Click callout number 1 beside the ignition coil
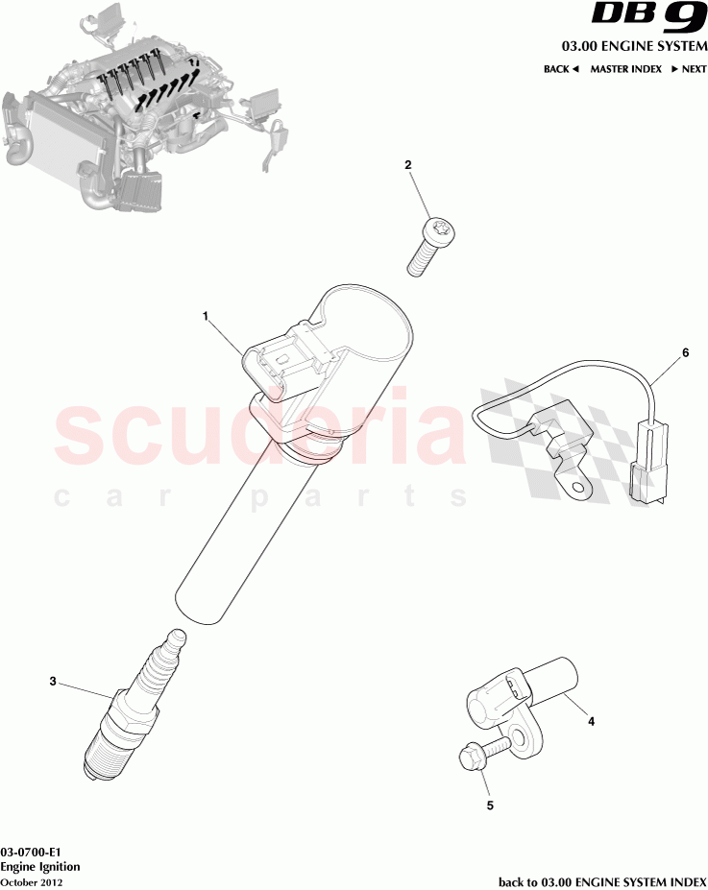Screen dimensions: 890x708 [205, 315]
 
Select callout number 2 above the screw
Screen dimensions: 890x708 [408, 165]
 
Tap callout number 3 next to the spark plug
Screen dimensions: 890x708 [53, 682]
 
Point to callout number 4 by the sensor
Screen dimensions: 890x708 [591, 720]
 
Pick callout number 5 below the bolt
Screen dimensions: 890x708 [490, 806]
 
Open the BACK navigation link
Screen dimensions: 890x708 [561, 69]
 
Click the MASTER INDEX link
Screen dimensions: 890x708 [625, 69]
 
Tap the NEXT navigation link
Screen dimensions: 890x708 [689, 69]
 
